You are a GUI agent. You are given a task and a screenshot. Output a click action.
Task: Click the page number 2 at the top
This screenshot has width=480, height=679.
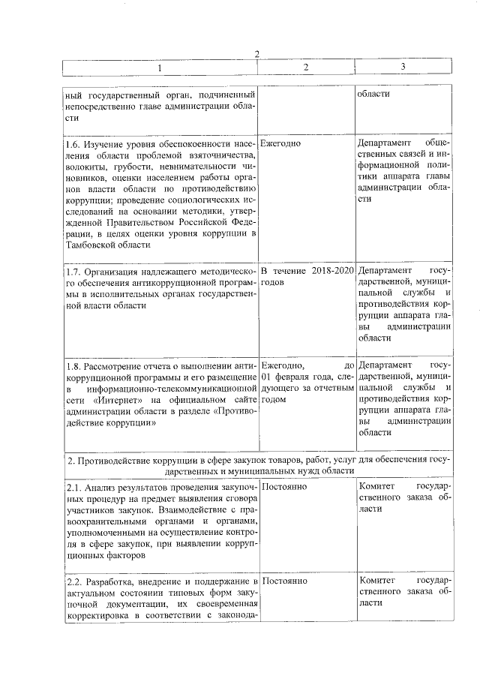point(256,54)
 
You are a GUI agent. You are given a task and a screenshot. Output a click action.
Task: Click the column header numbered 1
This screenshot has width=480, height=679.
point(158,68)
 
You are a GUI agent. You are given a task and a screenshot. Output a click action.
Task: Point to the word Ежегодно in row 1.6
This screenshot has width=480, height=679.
point(280,143)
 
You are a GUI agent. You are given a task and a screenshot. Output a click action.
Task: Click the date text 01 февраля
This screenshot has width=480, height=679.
point(289,377)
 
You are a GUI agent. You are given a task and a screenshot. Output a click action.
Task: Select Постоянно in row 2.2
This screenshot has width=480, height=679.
point(286,581)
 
